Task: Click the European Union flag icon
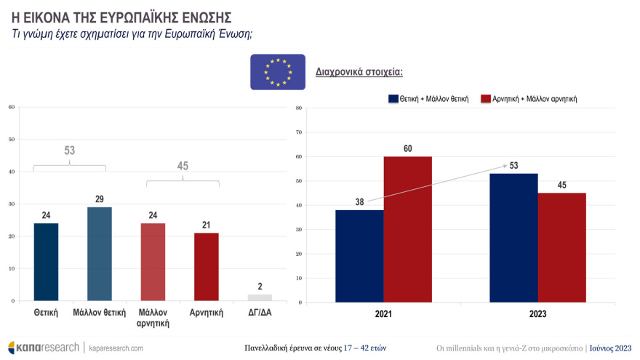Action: point(278,72)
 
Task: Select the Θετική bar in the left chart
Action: point(46,262)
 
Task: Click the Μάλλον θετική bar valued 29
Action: point(100,254)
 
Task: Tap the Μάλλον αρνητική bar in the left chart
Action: point(153,262)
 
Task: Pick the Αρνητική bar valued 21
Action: point(207,266)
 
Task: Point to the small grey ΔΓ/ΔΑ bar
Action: point(260,297)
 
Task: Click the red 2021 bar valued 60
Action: point(407,229)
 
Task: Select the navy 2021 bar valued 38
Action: point(359,255)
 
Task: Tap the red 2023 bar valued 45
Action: point(561,247)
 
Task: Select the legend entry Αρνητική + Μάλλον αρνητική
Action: point(535,98)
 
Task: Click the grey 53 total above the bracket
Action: point(70,151)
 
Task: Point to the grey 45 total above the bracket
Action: point(183,166)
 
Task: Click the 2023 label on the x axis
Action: point(538,314)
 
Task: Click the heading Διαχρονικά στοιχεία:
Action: point(359,72)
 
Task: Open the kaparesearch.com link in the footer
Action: point(116,348)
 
